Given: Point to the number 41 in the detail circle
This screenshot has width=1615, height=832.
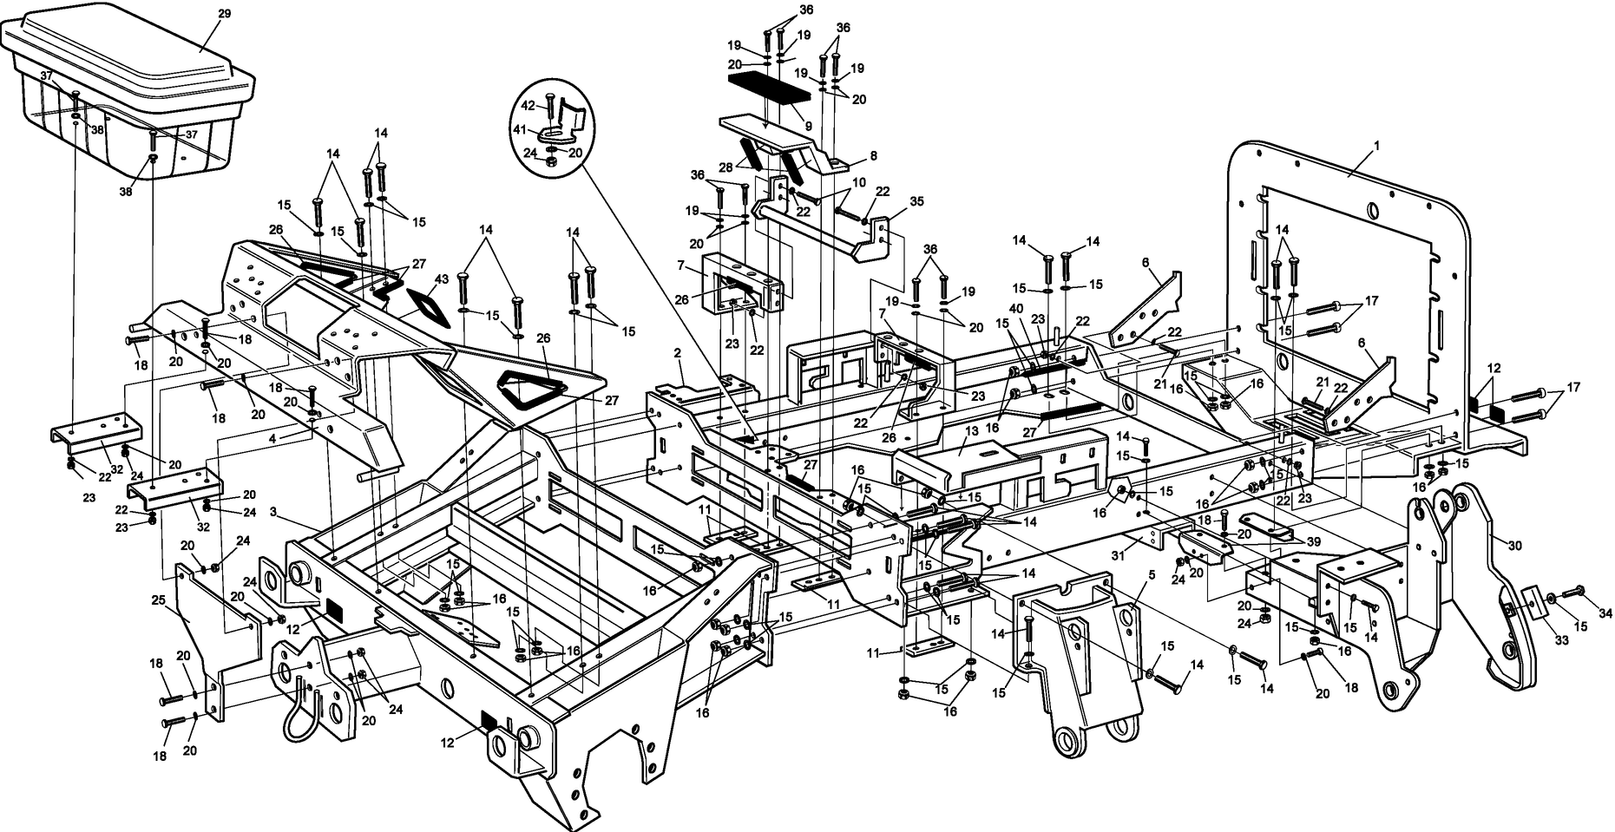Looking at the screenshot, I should point(520,129).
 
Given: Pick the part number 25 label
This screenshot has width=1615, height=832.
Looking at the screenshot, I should point(158,599).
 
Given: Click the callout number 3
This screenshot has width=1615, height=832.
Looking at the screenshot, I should point(273,513).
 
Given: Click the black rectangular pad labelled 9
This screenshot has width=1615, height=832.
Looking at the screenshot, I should point(767,88).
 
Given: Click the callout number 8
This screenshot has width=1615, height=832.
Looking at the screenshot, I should point(873,156).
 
